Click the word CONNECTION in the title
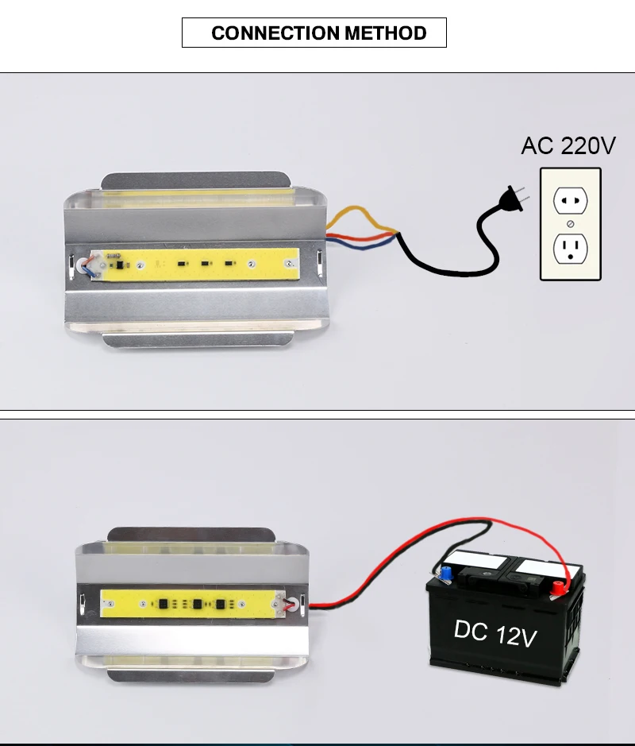click(x=275, y=33)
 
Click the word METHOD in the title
click(x=386, y=33)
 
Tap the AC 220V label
click(x=568, y=145)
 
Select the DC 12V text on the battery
click(x=495, y=633)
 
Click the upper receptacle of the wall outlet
click(x=571, y=201)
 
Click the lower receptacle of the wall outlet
click(x=571, y=249)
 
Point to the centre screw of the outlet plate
click(x=571, y=223)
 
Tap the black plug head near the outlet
click(x=513, y=199)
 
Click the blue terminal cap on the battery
click(x=446, y=574)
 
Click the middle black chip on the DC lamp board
click(x=198, y=605)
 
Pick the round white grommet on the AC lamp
click(x=83, y=265)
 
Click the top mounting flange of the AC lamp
click(x=196, y=180)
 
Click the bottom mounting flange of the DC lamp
click(x=190, y=675)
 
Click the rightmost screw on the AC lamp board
click(x=288, y=264)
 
